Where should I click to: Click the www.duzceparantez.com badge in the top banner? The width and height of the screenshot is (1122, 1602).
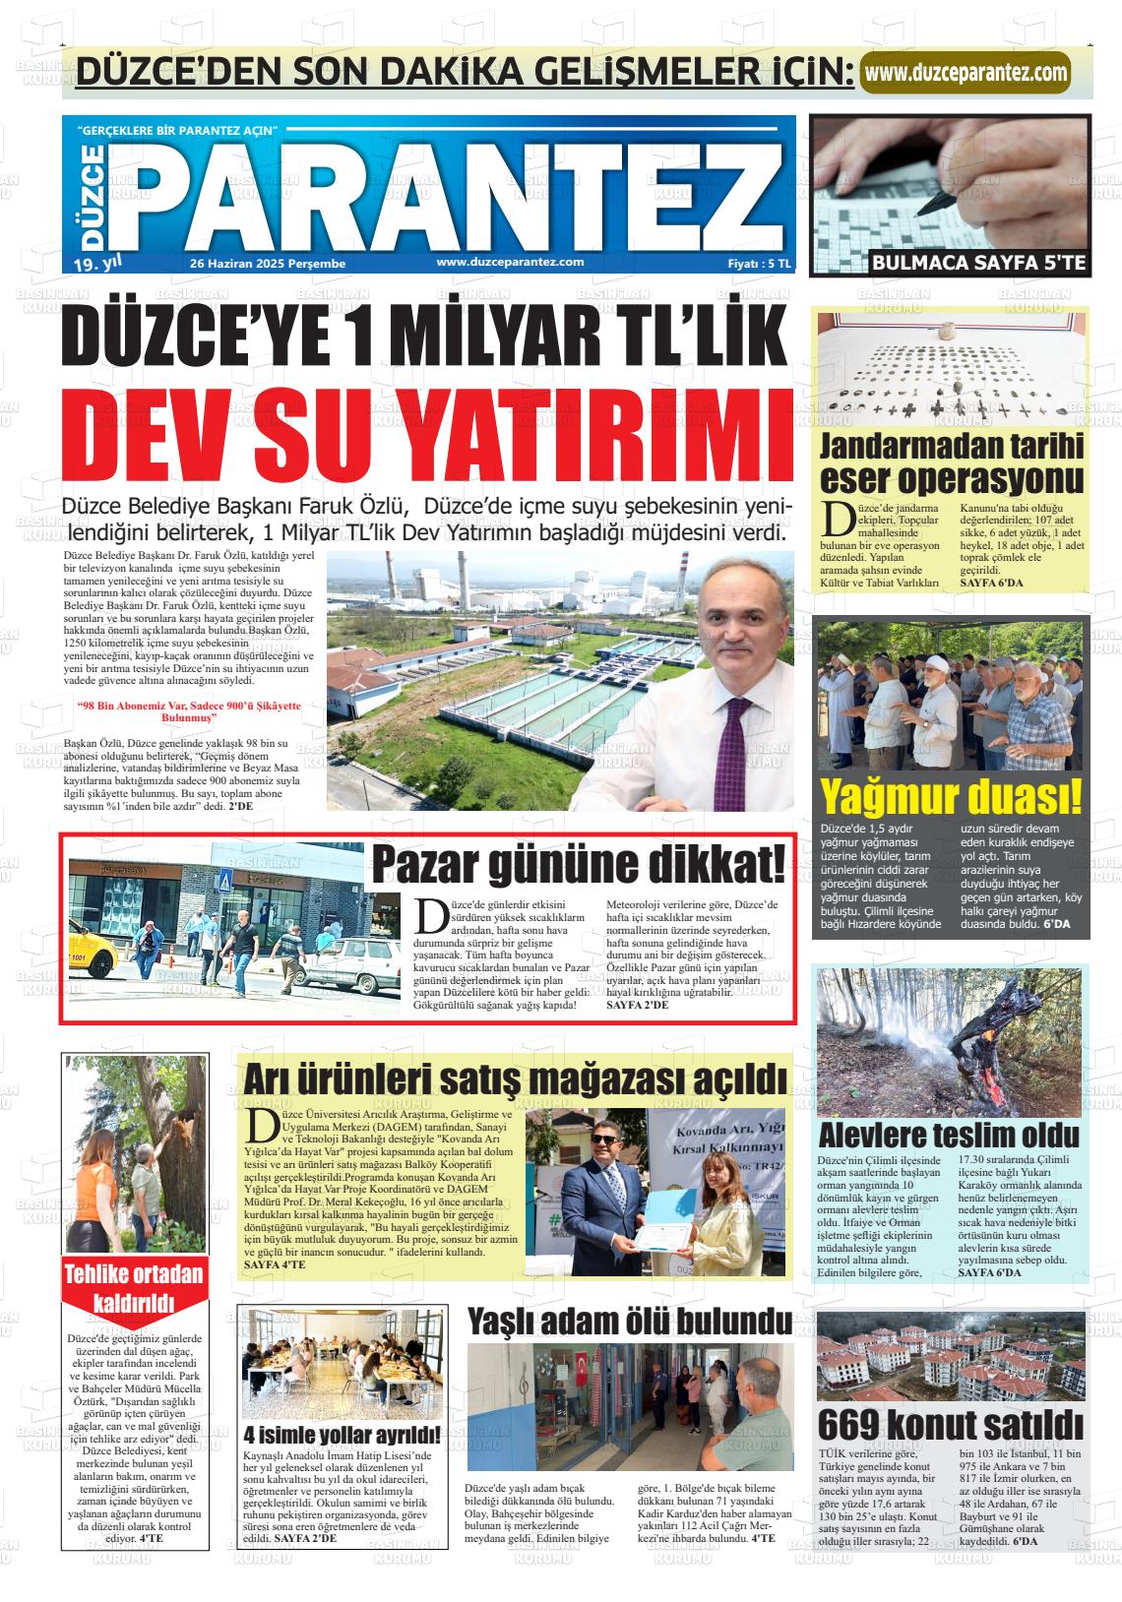click(x=966, y=73)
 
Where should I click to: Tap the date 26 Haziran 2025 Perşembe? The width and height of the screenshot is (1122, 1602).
click(x=267, y=264)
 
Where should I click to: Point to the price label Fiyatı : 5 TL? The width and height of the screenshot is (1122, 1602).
click(x=758, y=264)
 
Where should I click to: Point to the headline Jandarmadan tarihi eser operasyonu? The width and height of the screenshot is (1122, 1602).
click(x=952, y=462)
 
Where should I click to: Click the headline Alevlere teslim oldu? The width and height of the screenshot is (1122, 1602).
click(x=949, y=1135)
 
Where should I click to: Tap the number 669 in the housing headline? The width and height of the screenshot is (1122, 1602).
click(x=855, y=1424)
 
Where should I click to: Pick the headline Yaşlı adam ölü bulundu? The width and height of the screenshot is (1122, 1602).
click(x=630, y=1320)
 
